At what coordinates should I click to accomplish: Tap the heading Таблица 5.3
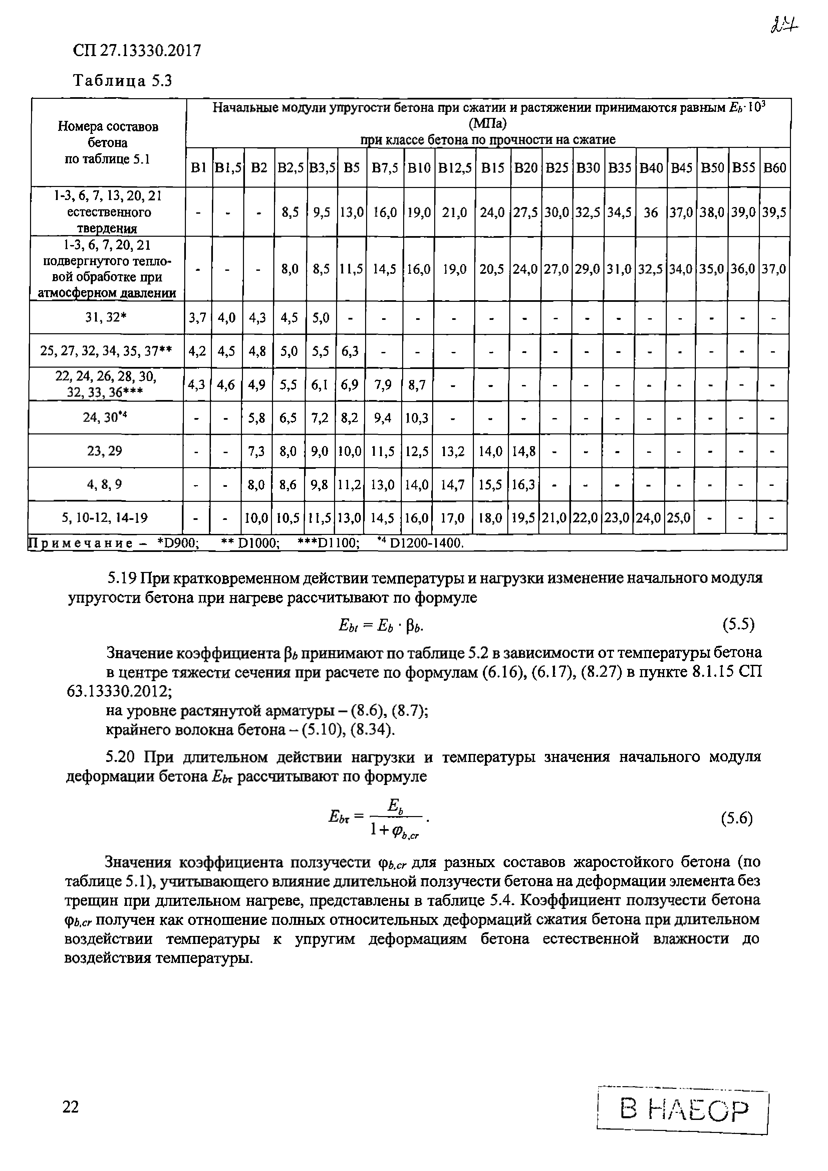click(123, 80)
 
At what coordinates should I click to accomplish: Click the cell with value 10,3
click(417, 418)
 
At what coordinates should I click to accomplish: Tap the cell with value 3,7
click(197, 318)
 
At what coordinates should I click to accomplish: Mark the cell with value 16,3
click(523, 484)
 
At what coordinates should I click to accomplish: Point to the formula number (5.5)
click(738, 624)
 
